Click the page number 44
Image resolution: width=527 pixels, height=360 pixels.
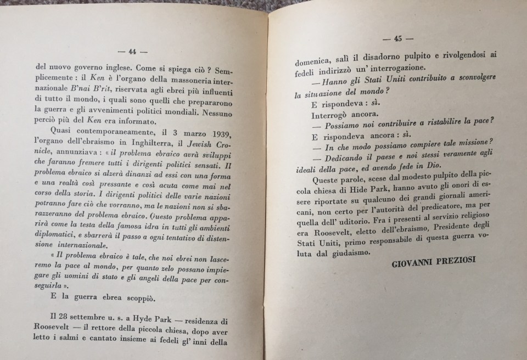click(x=132, y=52)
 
